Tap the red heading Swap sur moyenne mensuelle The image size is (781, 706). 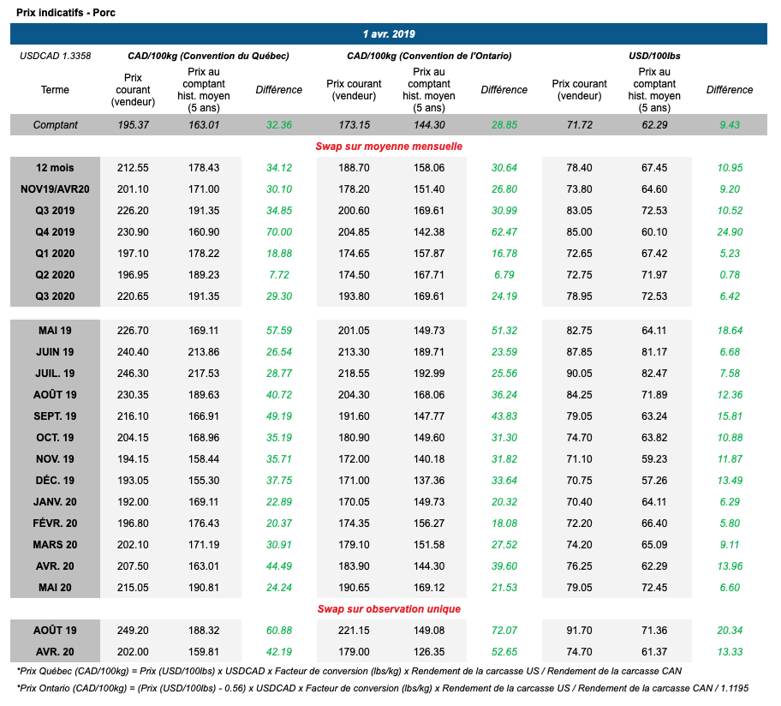389,146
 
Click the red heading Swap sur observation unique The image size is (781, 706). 389,608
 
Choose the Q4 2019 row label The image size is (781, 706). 55,231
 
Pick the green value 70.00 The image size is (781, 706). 278,231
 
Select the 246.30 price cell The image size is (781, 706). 133,373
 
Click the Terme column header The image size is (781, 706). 55,90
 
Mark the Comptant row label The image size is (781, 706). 55,125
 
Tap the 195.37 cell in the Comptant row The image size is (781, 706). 133,125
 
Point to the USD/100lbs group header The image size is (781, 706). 654,56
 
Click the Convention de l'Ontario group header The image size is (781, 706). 429,56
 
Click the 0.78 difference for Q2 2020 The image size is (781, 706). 730,274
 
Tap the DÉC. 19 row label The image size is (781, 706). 55,480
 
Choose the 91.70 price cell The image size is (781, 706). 579,630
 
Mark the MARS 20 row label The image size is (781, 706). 55,544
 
